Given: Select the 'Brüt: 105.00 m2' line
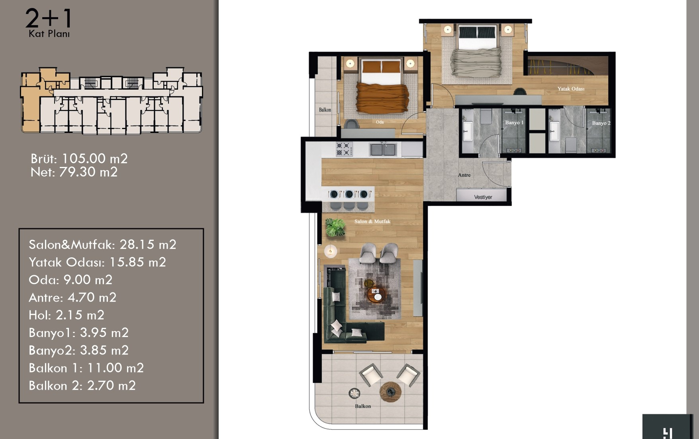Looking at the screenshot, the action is (x=79, y=159).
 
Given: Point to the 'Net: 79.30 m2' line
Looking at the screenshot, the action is (x=74, y=172).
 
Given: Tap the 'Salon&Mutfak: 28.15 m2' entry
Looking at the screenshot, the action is (x=102, y=245).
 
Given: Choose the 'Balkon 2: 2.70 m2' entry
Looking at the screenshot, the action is (x=82, y=386).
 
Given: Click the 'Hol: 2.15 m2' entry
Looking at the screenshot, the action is (x=67, y=315).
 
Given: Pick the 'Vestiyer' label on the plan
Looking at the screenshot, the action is (x=483, y=197).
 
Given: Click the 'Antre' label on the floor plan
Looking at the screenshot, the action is (x=464, y=175).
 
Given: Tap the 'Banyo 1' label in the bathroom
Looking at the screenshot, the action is (x=514, y=122).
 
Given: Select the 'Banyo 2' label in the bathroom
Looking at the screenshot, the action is (x=601, y=123).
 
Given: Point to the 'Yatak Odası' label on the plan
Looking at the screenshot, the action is (x=571, y=89).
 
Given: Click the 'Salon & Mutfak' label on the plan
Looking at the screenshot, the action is (x=372, y=221).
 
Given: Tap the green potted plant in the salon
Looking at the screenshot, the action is (x=335, y=227).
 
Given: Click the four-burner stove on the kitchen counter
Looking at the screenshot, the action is (x=344, y=149).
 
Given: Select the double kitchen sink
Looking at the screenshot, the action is (x=383, y=149).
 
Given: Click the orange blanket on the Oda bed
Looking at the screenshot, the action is (x=383, y=97).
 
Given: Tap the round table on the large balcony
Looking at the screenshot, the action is (x=390, y=392).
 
